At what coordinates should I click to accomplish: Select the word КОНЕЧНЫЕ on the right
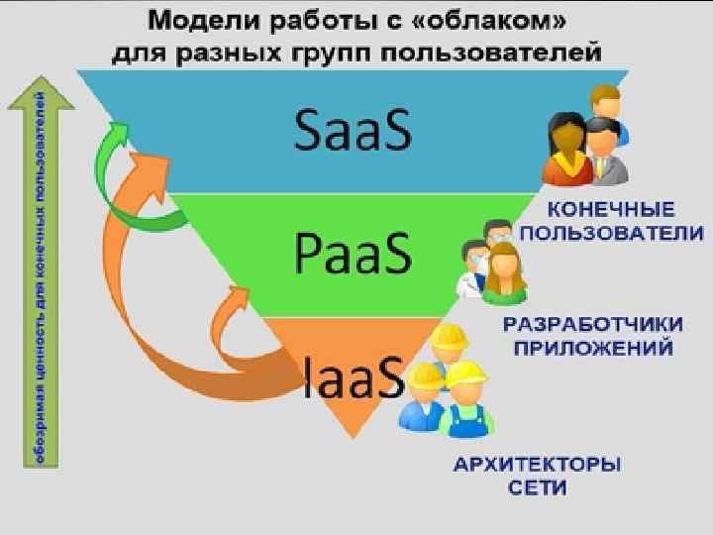pos(611,211)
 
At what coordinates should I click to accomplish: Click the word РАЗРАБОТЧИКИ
pos(593,325)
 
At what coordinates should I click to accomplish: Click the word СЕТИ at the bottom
pos(539,487)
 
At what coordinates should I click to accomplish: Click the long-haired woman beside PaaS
pos(504,273)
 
